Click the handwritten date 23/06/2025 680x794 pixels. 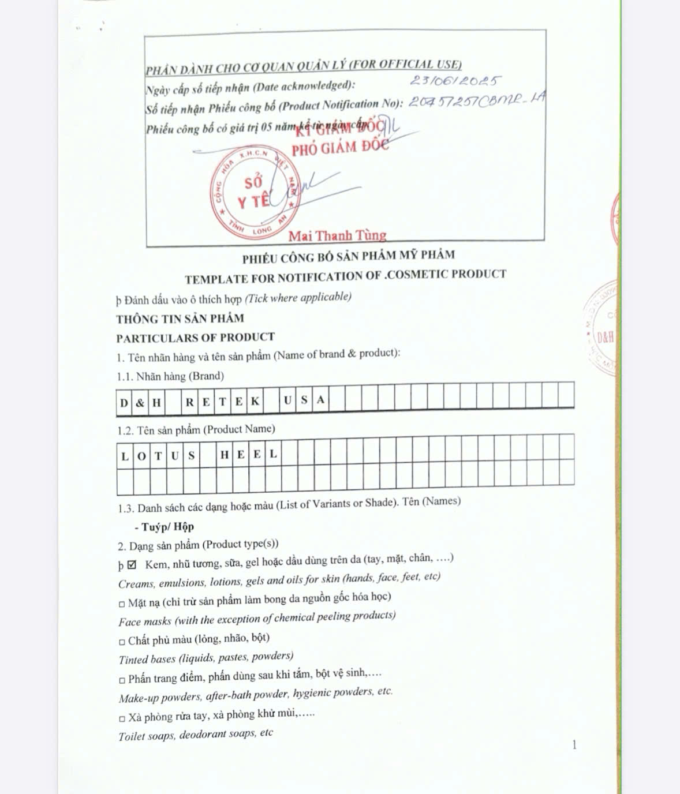point(455,81)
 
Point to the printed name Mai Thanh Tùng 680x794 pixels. point(337,235)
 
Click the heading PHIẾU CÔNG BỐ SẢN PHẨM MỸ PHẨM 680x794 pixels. point(348,256)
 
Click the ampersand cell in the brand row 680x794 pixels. point(140,402)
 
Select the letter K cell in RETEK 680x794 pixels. point(255,401)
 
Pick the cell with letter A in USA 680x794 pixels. point(320,399)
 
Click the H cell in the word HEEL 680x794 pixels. point(225,455)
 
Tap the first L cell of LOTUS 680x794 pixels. point(125,457)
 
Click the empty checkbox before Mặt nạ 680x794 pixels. point(122,604)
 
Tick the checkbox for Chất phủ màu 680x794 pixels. point(122,642)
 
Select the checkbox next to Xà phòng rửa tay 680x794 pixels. point(122,719)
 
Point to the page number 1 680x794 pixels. point(574,745)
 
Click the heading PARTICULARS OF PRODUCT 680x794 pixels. point(195,338)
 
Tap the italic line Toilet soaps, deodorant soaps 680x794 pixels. point(196,735)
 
